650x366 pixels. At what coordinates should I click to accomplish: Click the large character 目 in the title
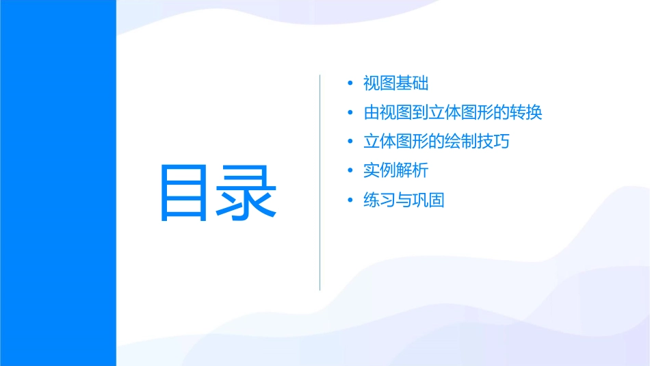[183, 192]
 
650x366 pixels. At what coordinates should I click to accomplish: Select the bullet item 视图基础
[396, 84]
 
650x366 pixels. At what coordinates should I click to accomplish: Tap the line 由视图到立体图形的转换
[453, 113]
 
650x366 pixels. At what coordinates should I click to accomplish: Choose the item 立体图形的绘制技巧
[437, 142]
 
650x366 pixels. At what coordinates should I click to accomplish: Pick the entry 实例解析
[396, 171]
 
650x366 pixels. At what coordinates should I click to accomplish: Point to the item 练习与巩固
[404, 200]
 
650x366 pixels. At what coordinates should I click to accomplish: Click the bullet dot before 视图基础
[350, 84]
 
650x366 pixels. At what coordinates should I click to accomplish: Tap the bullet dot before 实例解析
[350, 171]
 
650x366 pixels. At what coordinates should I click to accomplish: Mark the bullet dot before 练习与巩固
[350, 200]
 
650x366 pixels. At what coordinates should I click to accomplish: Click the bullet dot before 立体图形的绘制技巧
[350, 142]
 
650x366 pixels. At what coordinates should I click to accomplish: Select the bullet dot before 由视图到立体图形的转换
[350, 113]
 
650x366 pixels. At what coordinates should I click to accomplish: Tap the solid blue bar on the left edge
[57, 183]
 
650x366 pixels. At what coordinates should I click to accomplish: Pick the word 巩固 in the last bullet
[429, 200]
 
